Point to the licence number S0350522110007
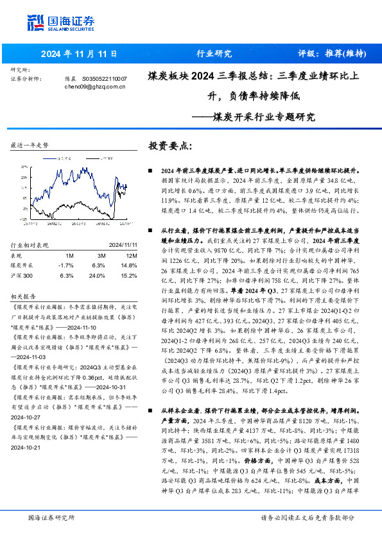(x=105, y=79)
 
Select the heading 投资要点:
(x=169, y=146)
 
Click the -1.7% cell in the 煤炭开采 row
(x=65, y=265)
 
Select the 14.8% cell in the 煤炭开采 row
(x=128, y=265)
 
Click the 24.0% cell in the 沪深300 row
(x=98, y=276)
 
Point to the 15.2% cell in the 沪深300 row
(x=128, y=276)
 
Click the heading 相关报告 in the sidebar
(x=22, y=298)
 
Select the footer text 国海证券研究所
(x=51, y=517)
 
